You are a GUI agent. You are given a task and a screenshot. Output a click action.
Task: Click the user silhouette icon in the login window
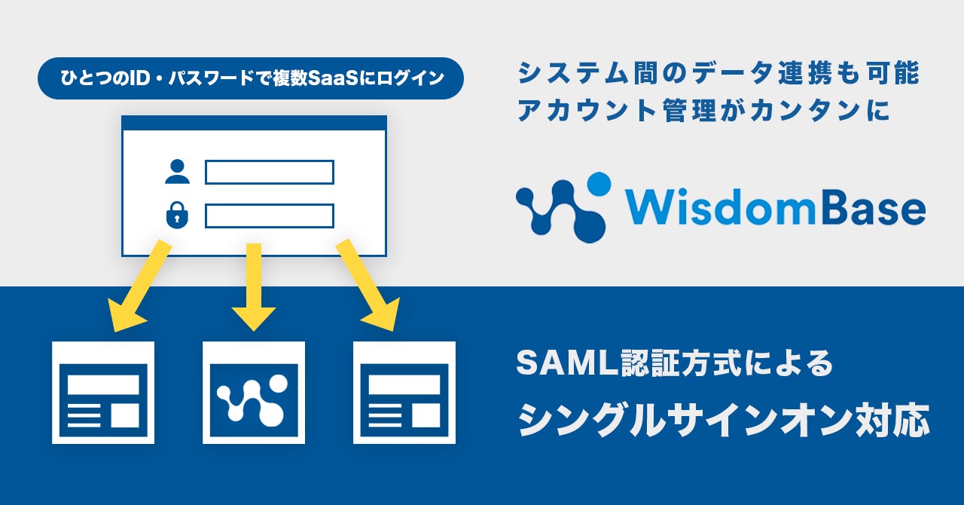click(x=177, y=172)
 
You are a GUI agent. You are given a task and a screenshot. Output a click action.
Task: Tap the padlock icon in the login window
click(x=177, y=216)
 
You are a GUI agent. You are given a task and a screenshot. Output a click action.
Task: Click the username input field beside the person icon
click(x=269, y=172)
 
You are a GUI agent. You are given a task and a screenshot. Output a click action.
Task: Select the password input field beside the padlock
click(x=269, y=216)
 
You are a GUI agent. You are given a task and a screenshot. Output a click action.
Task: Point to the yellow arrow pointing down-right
click(x=368, y=286)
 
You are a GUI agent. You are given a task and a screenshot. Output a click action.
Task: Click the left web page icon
click(x=103, y=392)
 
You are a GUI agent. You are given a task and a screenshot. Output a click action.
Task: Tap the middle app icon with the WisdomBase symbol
click(x=254, y=392)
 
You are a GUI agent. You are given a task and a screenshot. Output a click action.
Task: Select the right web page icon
click(x=404, y=392)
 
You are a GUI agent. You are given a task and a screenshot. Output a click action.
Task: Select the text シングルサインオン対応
click(x=723, y=419)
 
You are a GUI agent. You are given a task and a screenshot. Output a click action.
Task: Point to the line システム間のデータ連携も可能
click(x=718, y=75)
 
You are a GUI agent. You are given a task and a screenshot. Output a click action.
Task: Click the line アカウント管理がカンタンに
click(x=704, y=111)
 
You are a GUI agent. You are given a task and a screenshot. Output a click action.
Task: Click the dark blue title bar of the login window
click(x=254, y=123)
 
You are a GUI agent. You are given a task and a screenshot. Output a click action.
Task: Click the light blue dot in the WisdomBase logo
click(x=599, y=183)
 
